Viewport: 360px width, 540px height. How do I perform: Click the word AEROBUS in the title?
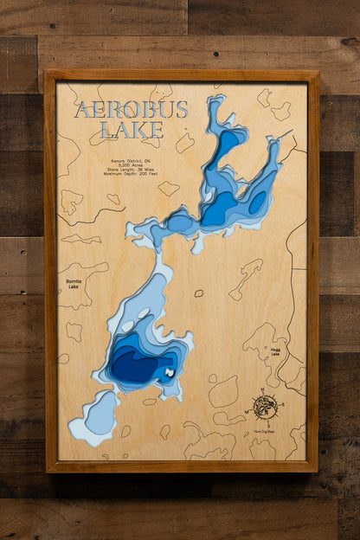[119, 110]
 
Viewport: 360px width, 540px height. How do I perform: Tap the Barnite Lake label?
[74, 284]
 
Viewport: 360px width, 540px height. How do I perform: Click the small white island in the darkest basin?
[170, 373]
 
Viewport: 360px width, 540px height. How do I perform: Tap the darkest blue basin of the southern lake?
[138, 364]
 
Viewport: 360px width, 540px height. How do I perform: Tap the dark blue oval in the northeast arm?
[258, 202]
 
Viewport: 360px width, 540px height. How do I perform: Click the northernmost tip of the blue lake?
[214, 99]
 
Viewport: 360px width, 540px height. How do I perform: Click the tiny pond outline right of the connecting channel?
[199, 293]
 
